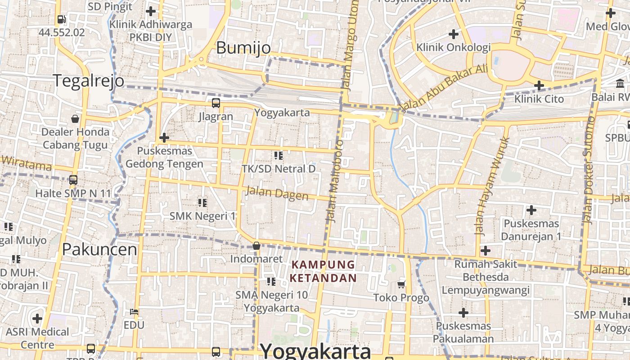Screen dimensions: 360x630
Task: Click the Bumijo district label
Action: point(243,48)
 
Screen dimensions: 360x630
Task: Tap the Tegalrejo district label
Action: point(89,81)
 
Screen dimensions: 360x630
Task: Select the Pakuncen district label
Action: point(99,249)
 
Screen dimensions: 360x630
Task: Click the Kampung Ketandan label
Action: point(323,271)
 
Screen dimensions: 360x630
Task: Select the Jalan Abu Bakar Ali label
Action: point(443,88)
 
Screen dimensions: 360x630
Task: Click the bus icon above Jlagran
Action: point(216,103)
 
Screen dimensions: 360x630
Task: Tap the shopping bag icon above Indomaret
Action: point(256,246)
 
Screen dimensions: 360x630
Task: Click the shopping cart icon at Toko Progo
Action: point(401,284)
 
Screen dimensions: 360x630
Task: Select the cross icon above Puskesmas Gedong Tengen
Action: point(164,137)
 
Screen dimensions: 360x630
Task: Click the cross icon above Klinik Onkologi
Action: point(454,34)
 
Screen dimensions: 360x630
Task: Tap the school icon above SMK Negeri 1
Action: point(202,203)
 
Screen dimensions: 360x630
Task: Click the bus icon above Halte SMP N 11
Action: point(73,180)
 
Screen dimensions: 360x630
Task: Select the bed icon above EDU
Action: point(134,311)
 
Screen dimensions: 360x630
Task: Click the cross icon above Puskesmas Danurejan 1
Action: point(531,210)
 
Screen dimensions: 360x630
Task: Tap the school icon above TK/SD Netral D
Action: point(279,156)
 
